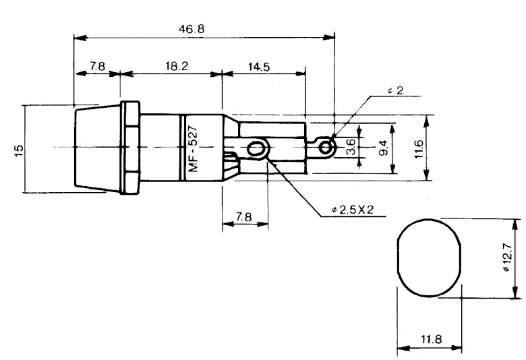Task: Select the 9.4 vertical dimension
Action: (x=384, y=148)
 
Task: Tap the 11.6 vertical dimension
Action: (x=419, y=148)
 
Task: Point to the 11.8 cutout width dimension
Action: (x=430, y=339)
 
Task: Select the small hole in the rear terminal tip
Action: (x=327, y=146)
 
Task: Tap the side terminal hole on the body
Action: (x=256, y=148)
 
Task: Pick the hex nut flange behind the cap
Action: (x=130, y=148)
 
